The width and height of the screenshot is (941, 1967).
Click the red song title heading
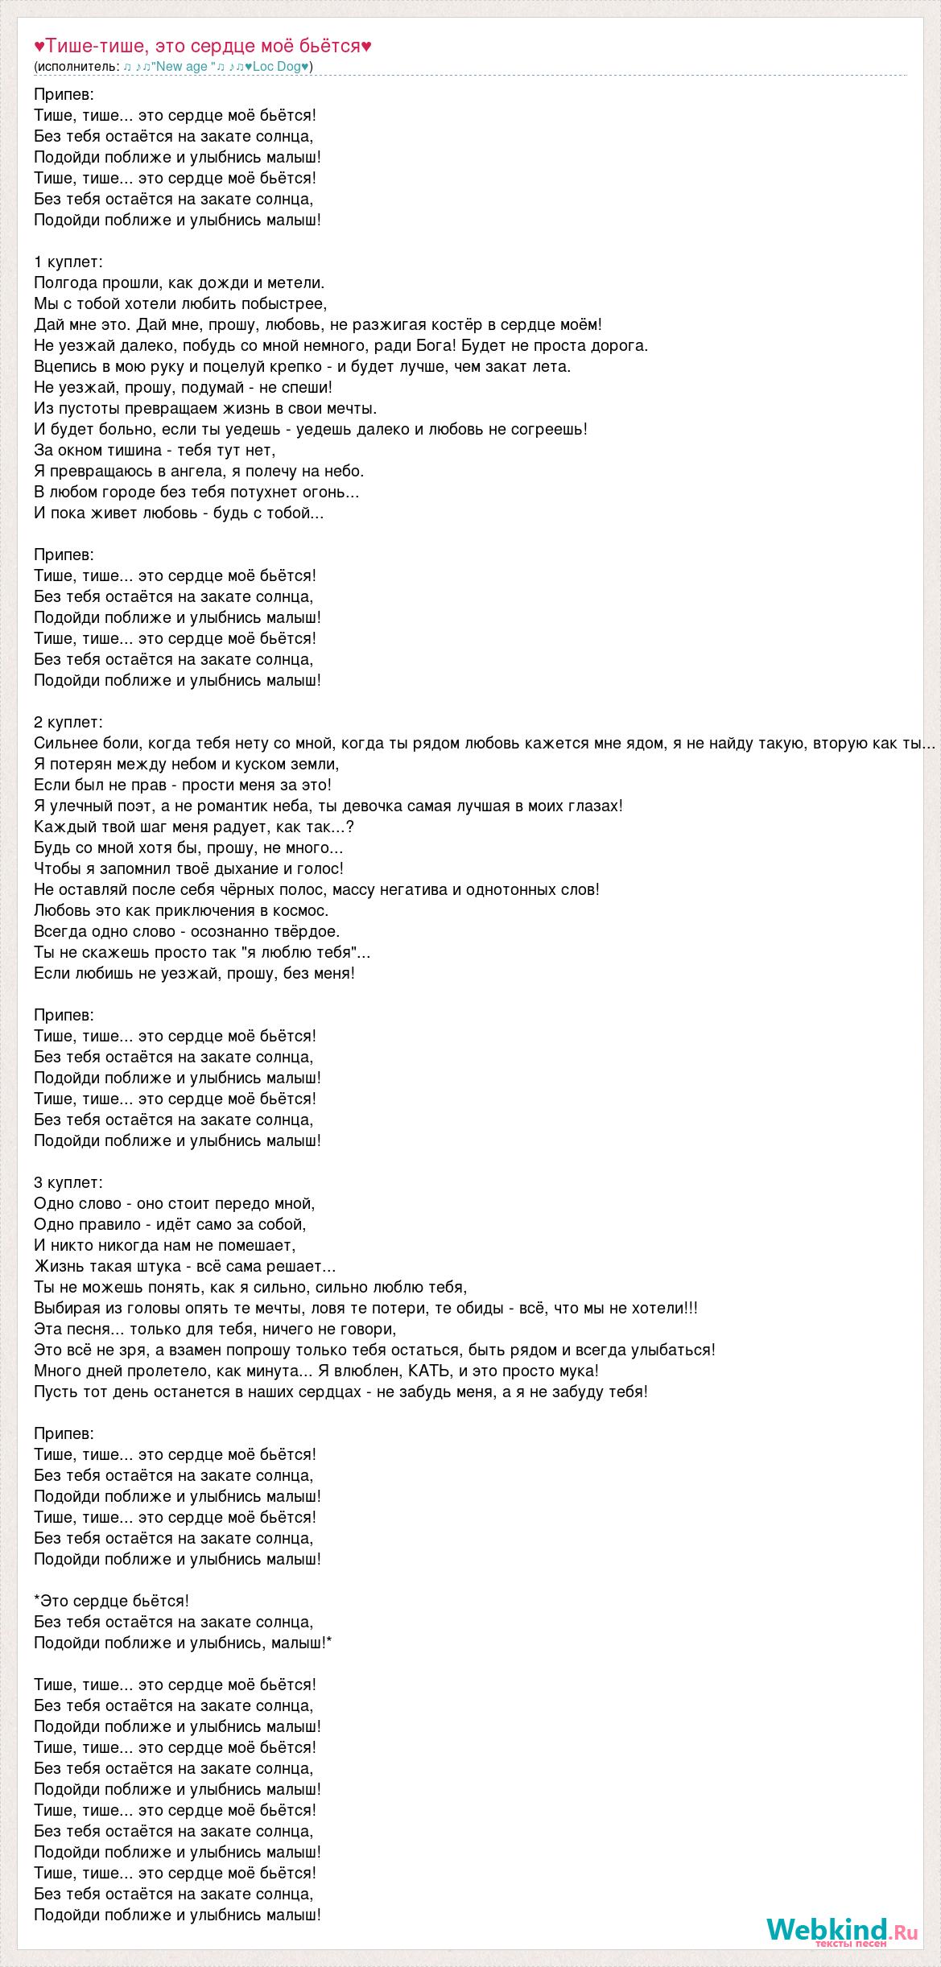point(203,47)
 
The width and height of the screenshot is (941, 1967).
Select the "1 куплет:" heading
point(68,262)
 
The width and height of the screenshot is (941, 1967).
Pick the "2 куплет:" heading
point(68,722)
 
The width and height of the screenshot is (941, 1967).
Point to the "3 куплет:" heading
point(68,1182)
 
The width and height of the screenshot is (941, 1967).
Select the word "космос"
point(302,910)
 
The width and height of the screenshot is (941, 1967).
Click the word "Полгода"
point(65,282)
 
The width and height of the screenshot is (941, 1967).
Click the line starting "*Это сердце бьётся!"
point(112,1601)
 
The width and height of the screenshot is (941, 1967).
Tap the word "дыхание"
point(262,868)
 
